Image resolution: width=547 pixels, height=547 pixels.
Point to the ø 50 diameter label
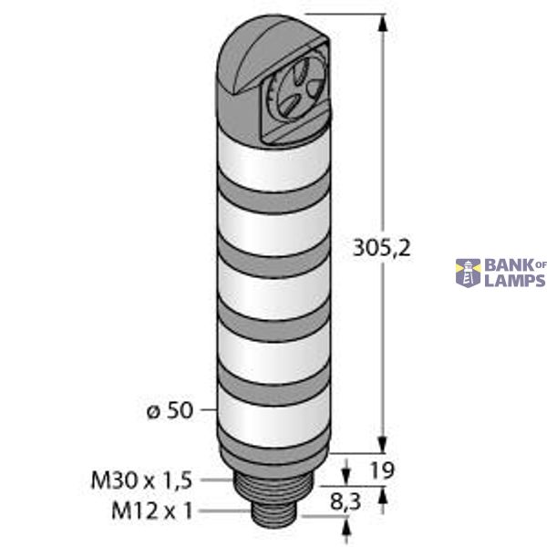tap(170, 411)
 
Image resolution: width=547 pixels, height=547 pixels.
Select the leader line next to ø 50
tap(208, 411)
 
